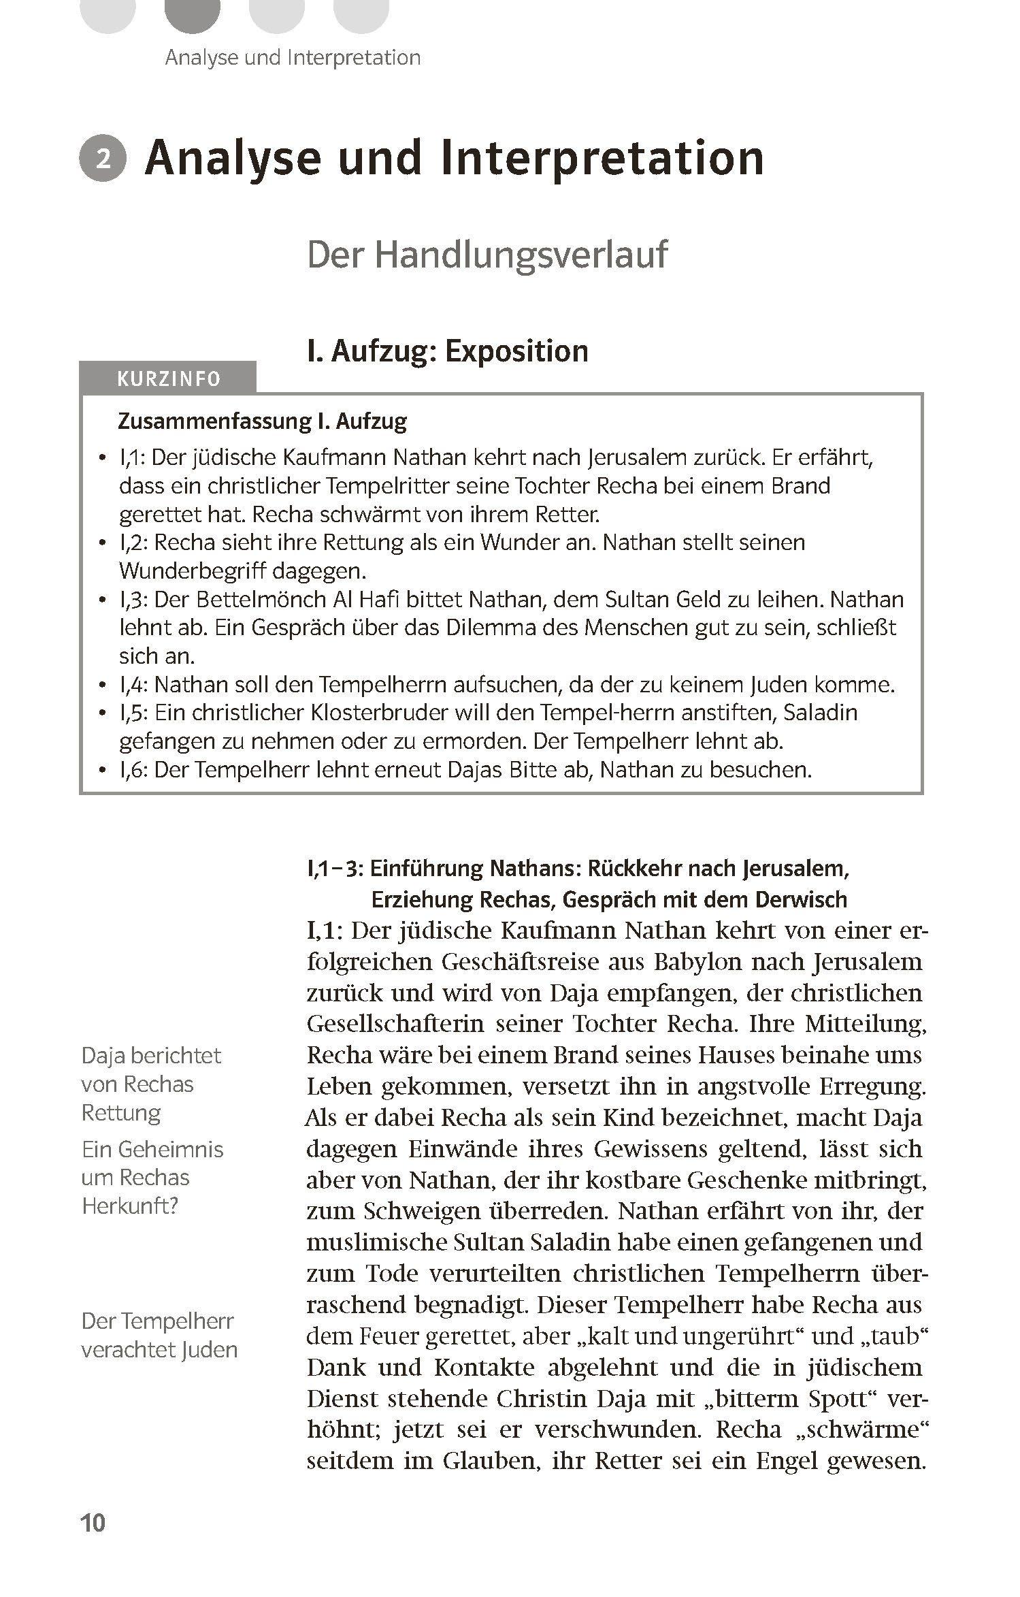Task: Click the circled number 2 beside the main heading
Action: [x=103, y=159]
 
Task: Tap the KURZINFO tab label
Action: [x=169, y=379]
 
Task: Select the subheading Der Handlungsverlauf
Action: [x=487, y=255]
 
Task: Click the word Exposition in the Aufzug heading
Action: [x=516, y=351]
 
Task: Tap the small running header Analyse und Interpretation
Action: [x=293, y=58]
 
